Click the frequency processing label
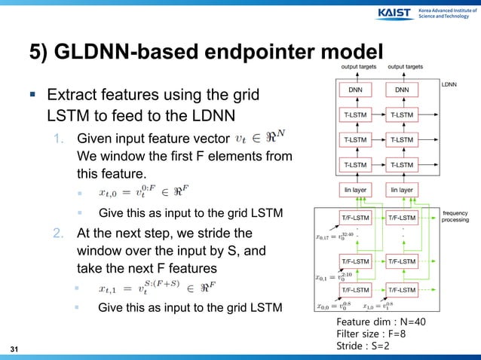(456, 216)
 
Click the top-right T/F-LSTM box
(404, 218)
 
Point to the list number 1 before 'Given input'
(58, 138)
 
